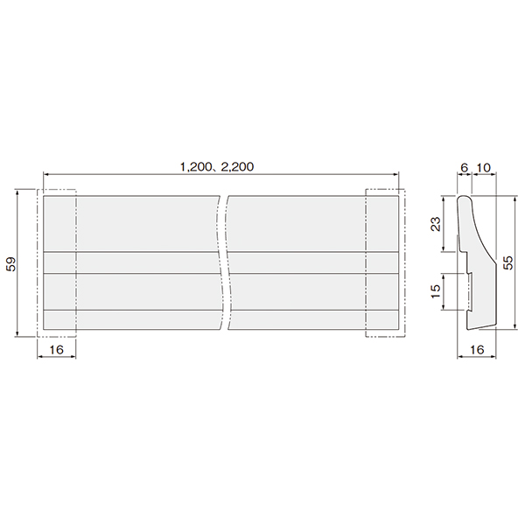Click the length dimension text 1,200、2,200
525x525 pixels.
(x=217, y=167)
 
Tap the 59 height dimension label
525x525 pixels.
(x=11, y=264)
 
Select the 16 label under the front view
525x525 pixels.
(x=56, y=349)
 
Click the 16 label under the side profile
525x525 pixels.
(x=477, y=349)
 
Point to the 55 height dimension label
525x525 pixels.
(x=507, y=262)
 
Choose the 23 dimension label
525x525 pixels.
(x=436, y=224)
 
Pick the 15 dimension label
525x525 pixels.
(x=436, y=291)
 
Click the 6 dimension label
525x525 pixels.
(x=464, y=167)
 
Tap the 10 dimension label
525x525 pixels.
(x=484, y=167)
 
